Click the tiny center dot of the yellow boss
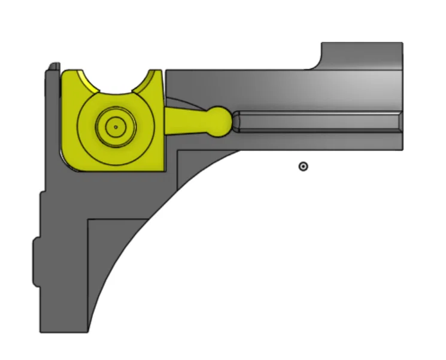pos(116,126)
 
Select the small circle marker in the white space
pos(304,166)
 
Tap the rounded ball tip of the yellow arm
pos(220,120)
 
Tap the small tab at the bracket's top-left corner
pos(54,66)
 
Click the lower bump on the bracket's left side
pos(36,261)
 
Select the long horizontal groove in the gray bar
pos(317,122)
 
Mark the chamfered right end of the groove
pos(399,122)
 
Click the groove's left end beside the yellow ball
pos(237,122)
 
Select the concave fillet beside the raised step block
pos(317,63)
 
